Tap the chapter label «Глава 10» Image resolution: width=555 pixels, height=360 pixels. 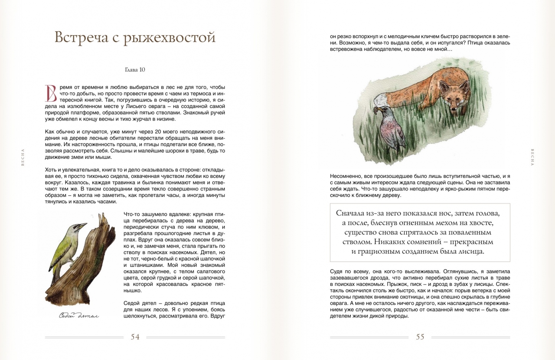135,69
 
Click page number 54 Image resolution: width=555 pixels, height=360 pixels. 135,337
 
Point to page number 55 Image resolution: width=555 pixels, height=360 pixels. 420,337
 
